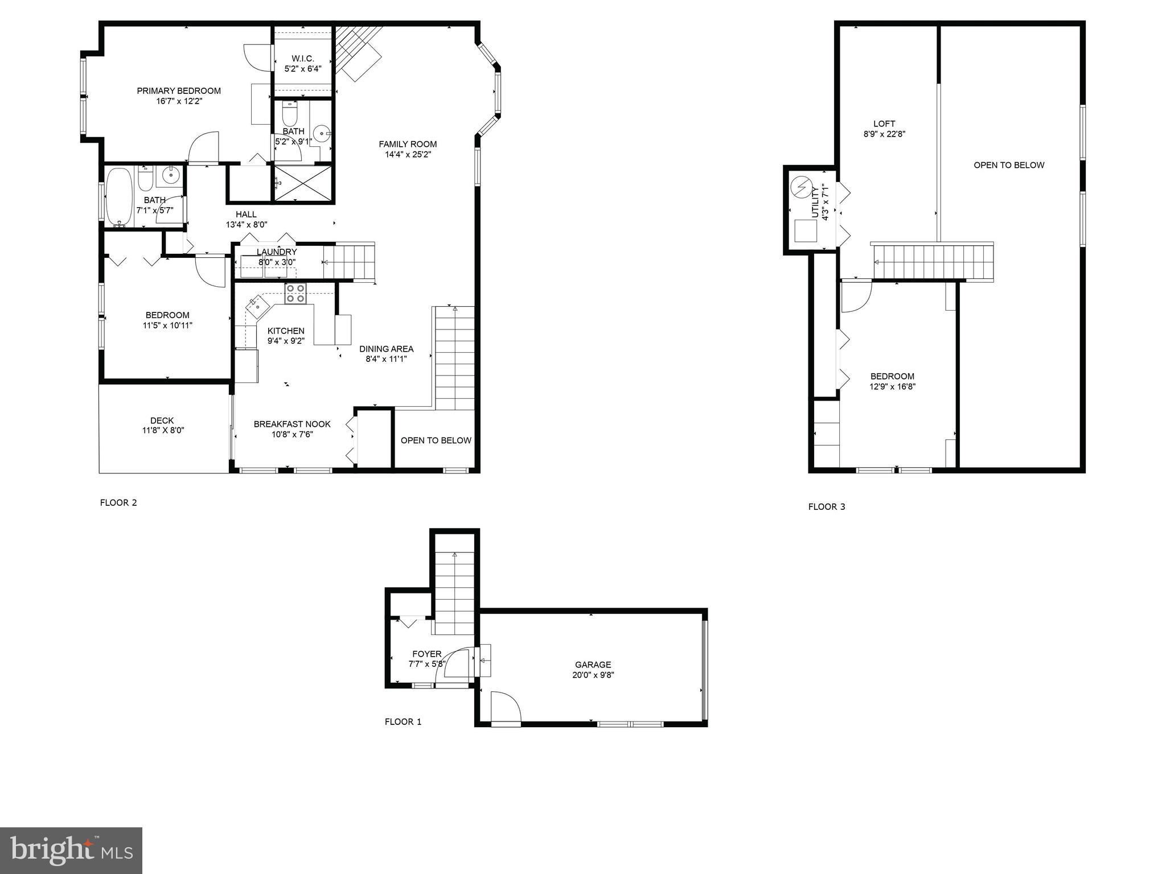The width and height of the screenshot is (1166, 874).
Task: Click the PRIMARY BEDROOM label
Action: click(x=178, y=90)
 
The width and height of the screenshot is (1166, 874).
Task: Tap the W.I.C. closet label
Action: click(x=302, y=59)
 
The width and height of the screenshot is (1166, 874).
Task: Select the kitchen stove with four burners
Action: click(x=295, y=294)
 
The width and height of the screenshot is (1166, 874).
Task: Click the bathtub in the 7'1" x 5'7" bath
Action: click(x=118, y=197)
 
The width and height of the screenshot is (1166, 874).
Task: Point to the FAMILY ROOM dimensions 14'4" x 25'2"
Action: click(x=408, y=154)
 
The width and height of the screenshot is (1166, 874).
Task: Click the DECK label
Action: click(x=162, y=420)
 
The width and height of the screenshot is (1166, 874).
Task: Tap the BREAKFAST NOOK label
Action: click(x=292, y=424)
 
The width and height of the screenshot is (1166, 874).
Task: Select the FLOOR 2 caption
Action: click(x=118, y=502)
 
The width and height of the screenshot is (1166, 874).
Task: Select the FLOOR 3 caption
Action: click(x=827, y=506)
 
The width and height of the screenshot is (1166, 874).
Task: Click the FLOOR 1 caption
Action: click(x=403, y=722)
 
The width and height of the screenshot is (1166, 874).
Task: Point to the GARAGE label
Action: click(x=593, y=665)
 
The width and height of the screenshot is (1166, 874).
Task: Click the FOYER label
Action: click(x=426, y=654)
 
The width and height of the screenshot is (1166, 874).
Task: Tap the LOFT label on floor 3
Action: click(x=884, y=123)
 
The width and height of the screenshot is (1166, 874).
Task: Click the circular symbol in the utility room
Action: click(x=801, y=186)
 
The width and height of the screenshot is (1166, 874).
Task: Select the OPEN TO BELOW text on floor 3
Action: click(x=1009, y=165)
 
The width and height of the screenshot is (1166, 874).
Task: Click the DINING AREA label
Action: click(x=386, y=349)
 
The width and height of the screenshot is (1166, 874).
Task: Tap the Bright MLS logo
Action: click(x=71, y=851)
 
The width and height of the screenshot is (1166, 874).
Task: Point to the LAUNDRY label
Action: click(x=277, y=252)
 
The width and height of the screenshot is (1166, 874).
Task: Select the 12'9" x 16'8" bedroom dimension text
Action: click(x=892, y=386)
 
